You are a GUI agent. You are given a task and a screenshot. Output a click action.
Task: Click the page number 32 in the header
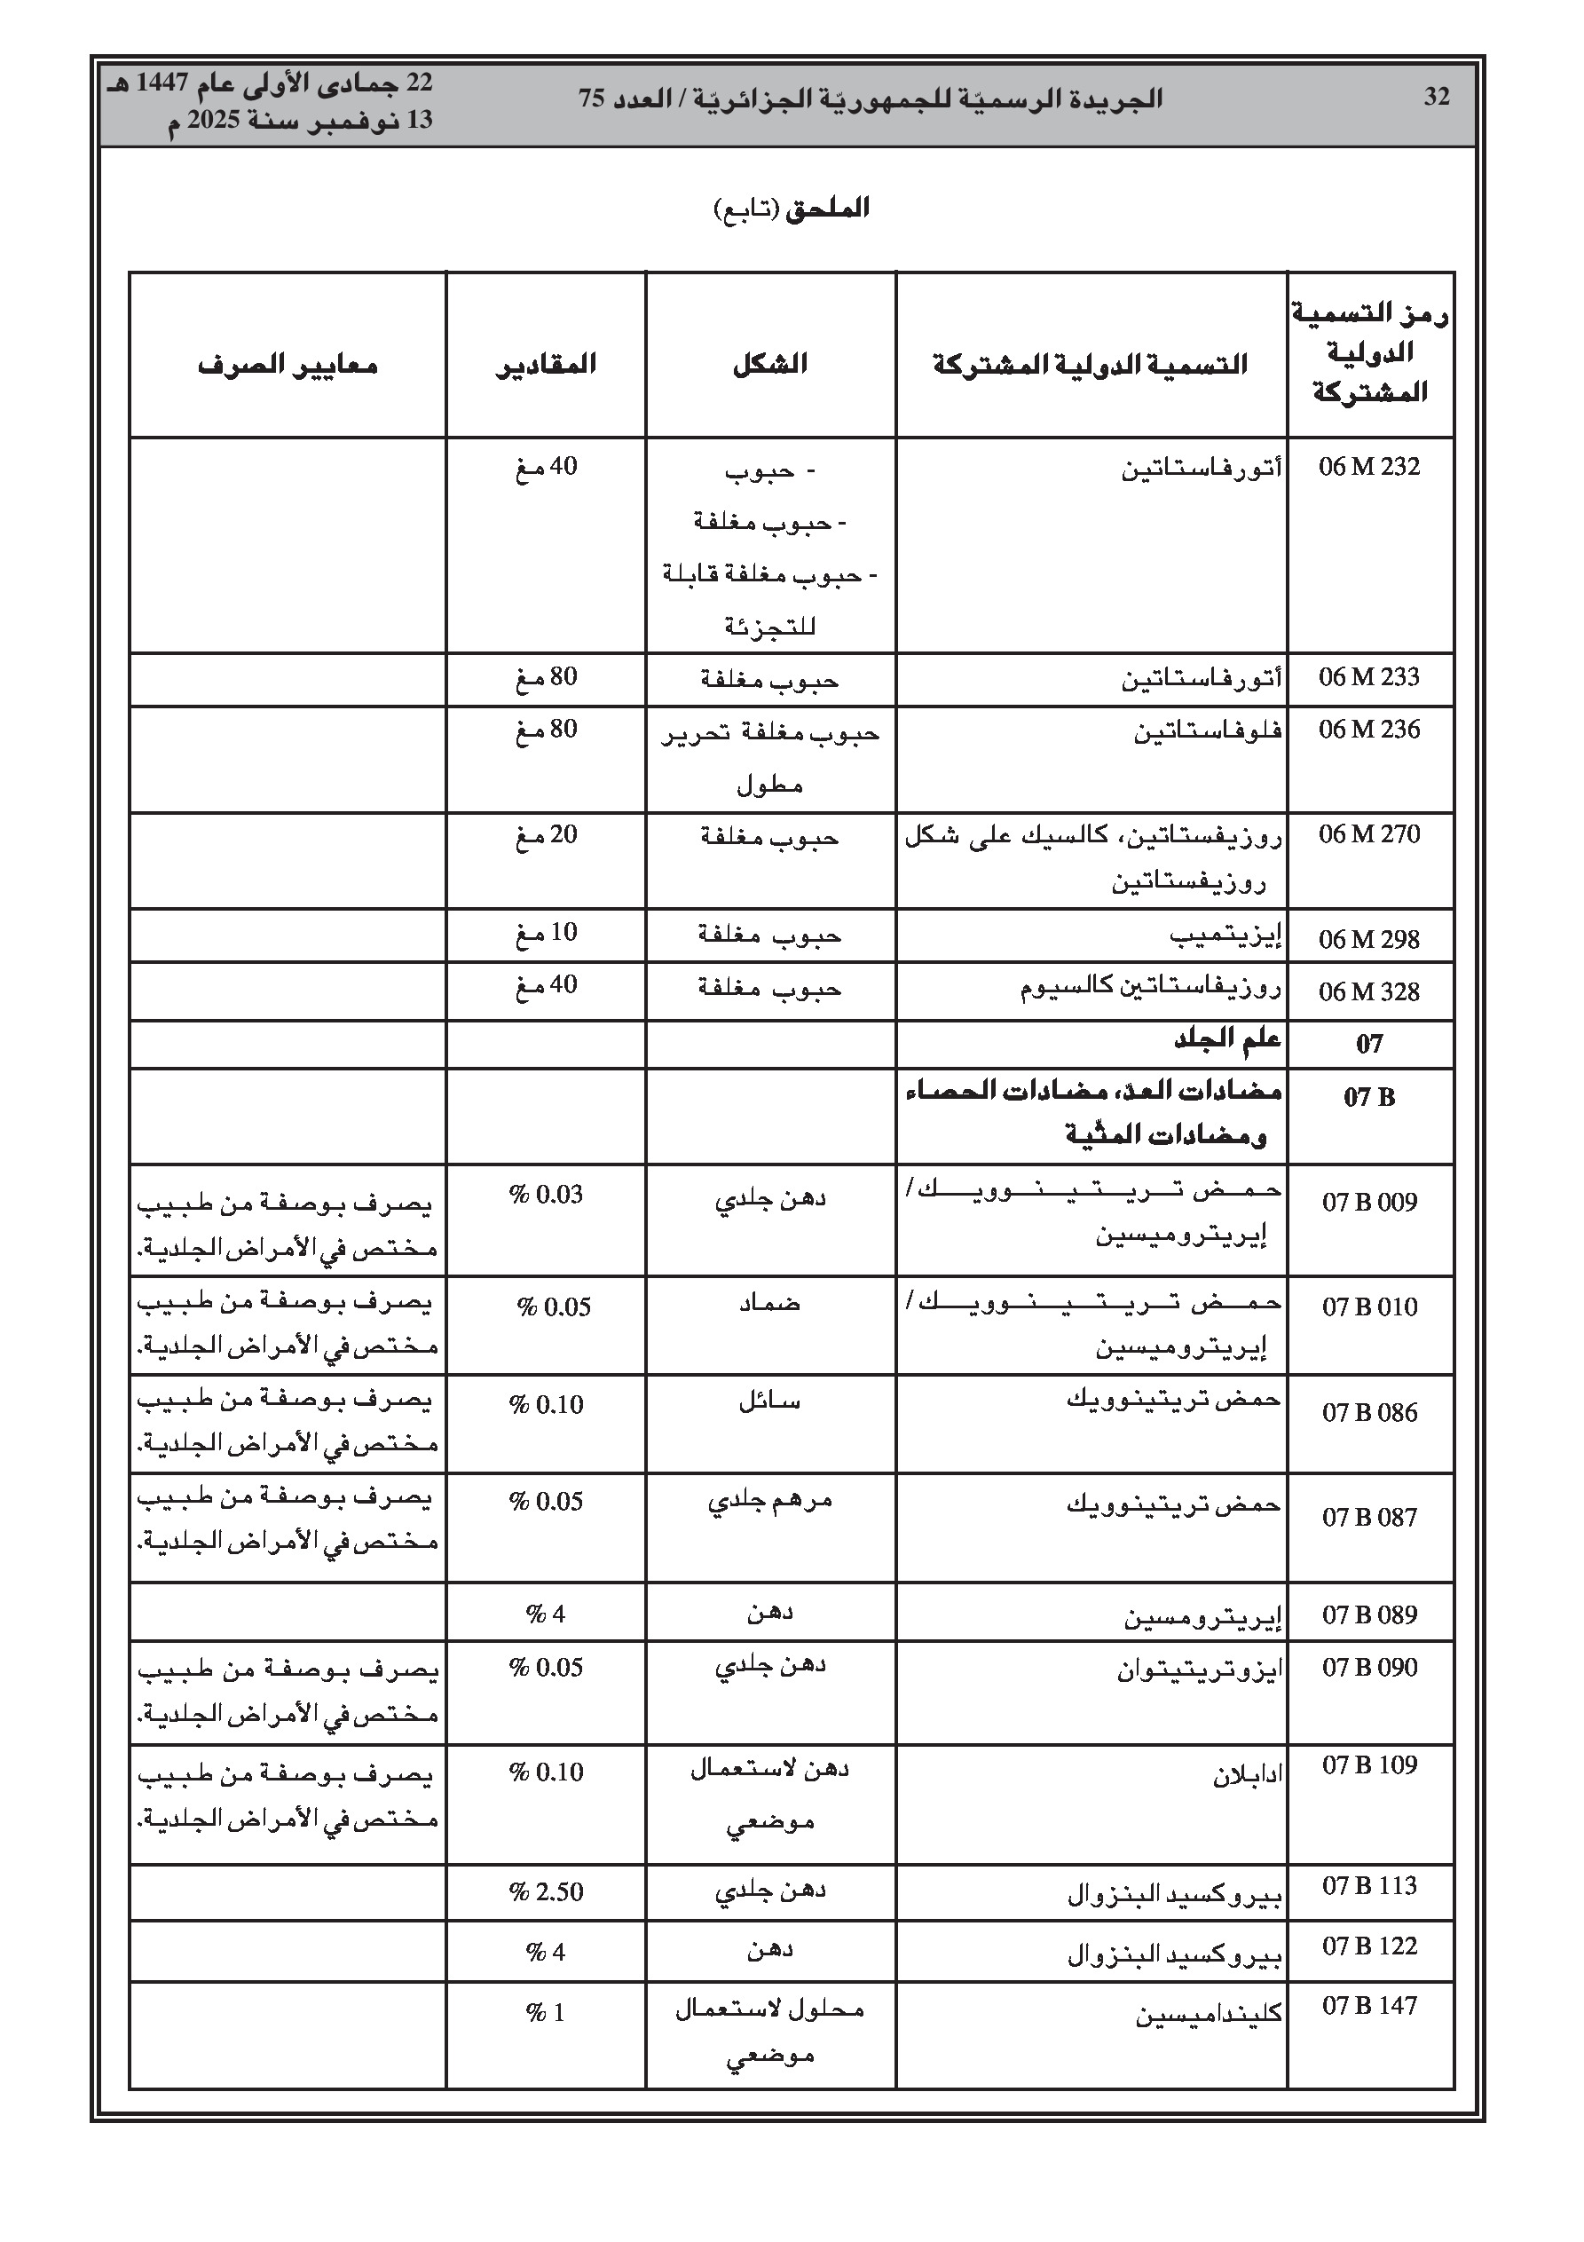click(1437, 97)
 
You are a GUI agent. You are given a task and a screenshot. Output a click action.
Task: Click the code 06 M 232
click(1369, 467)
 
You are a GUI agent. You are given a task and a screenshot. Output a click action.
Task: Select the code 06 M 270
click(1369, 835)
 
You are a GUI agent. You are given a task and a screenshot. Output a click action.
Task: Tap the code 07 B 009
click(1369, 1202)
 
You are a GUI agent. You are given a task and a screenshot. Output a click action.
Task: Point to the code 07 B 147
click(1369, 2006)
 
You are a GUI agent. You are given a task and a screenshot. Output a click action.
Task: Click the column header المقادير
click(546, 364)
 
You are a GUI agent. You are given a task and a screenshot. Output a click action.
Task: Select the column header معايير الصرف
click(288, 365)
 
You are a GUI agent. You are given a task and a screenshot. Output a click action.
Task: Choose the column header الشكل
click(769, 364)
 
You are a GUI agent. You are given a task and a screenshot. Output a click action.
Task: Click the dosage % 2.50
click(546, 1891)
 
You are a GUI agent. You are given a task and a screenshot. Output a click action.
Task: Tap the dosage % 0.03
click(546, 1195)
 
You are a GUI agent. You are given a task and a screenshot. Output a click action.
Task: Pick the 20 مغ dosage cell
click(546, 835)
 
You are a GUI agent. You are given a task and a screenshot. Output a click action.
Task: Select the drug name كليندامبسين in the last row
click(1208, 2015)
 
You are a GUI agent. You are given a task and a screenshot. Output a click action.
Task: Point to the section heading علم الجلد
click(1226, 1041)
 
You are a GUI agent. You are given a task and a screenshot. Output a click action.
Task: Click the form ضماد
click(769, 1304)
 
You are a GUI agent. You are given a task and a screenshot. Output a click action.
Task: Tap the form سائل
click(769, 1402)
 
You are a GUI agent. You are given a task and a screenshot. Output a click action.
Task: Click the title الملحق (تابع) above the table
click(792, 208)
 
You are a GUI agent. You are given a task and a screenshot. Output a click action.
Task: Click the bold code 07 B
click(1369, 1096)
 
